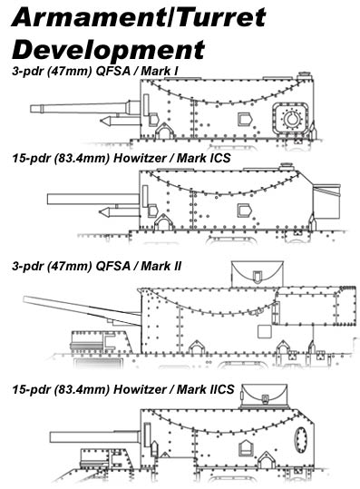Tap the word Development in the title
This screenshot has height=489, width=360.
tap(108, 50)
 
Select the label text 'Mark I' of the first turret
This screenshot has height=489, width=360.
tap(160, 71)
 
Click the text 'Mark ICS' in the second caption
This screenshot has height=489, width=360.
tap(203, 158)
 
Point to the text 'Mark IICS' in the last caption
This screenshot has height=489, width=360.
tap(206, 389)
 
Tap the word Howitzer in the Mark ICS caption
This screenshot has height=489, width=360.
tap(140, 158)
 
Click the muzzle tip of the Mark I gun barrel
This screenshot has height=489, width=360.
tap(31, 109)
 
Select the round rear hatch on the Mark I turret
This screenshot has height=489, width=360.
tap(292, 119)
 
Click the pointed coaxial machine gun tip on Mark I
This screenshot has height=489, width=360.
tap(101, 121)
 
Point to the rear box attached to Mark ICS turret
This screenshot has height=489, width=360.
tap(326, 201)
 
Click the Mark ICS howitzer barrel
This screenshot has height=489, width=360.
tap(93, 199)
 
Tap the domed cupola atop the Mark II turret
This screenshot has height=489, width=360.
tap(257, 273)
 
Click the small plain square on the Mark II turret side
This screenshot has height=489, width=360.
tap(264, 331)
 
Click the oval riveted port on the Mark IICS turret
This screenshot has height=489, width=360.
tap(301, 440)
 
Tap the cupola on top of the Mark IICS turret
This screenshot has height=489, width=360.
tap(264, 396)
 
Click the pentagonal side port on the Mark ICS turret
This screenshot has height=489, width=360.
tap(244, 210)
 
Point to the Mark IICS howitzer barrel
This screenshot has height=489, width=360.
tap(94, 437)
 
